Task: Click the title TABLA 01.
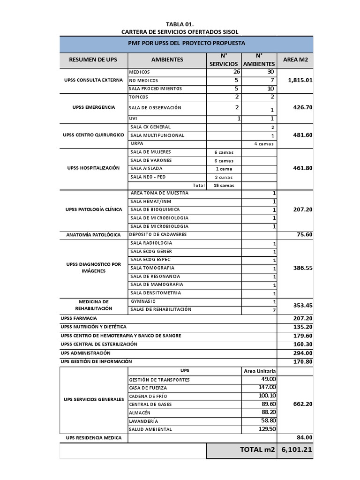(180, 24)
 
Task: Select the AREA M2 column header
(296, 60)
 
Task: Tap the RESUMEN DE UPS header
(93, 60)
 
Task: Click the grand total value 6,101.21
(296, 450)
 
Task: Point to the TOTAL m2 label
(257, 450)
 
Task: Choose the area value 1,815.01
(300, 80)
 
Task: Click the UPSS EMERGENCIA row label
(93, 107)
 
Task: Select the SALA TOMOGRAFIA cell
(149, 267)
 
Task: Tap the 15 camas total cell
(224, 185)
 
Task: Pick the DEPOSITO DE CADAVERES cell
(158, 234)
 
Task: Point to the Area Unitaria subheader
(260, 371)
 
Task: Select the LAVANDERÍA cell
(144, 421)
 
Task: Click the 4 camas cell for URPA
(264, 144)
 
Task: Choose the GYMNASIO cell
(143, 301)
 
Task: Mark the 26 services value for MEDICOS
(236, 72)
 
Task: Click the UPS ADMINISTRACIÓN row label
(85, 352)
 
